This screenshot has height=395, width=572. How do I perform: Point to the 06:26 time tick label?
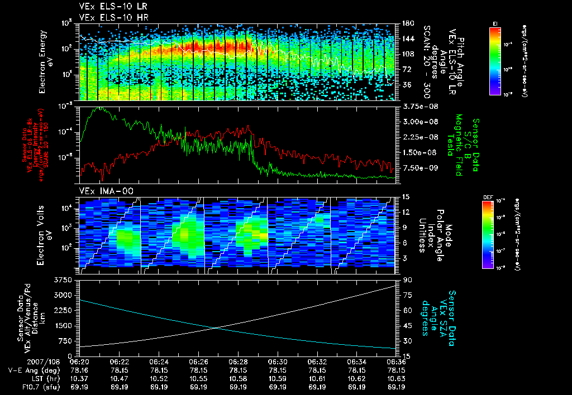(199, 362)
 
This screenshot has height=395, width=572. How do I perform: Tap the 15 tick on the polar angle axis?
(406, 196)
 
